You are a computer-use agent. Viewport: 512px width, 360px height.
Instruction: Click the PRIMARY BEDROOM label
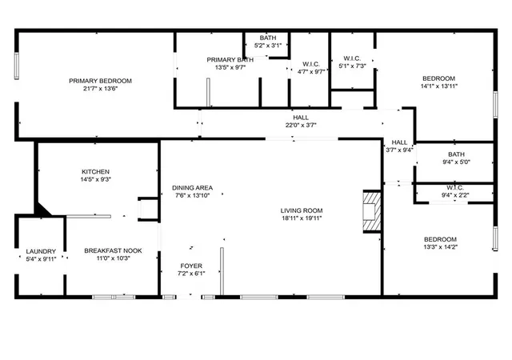pyautogui.click(x=100, y=81)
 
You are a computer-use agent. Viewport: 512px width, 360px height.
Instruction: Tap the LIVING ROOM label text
pyautogui.click(x=302, y=210)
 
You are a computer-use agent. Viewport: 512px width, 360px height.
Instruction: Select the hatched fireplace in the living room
pyautogui.click(x=372, y=211)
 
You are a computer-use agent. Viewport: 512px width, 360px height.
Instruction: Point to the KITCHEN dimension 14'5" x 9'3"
pyautogui.click(x=96, y=179)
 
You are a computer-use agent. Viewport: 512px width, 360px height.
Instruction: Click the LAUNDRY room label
pyautogui.click(x=41, y=251)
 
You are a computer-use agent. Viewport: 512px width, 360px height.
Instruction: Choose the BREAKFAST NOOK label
pyautogui.click(x=113, y=250)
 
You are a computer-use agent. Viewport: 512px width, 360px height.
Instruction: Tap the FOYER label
pyautogui.click(x=191, y=266)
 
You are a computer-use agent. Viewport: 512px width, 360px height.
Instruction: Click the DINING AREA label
pyautogui.click(x=192, y=188)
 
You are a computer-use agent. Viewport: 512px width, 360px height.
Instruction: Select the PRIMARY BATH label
pyautogui.click(x=230, y=60)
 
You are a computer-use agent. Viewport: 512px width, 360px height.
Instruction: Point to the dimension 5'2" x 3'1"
pyautogui.click(x=268, y=46)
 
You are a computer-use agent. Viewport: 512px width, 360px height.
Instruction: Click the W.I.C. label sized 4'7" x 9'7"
pyautogui.click(x=311, y=64)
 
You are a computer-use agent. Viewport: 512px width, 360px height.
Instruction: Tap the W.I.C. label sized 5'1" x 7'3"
pyautogui.click(x=352, y=58)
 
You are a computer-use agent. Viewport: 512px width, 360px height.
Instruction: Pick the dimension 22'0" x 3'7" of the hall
pyautogui.click(x=301, y=125)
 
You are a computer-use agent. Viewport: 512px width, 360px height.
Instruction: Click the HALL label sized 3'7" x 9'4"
pyautogui.click(x=399, y=142)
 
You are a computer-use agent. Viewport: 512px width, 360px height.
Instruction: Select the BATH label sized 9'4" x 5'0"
pyautogui.click(x=456, y=154)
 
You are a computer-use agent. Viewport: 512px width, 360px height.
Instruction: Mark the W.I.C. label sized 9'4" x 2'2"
pyautogui.click(x=455, y=188)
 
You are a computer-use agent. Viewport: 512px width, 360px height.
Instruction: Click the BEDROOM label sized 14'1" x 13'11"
pyautogui.click(x=438, y=78)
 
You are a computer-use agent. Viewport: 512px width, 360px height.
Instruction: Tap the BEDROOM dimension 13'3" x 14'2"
pyautogui.click(x=440, y=247)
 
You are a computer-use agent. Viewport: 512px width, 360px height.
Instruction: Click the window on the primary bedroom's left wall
pyautogui.click(x=16, y=66)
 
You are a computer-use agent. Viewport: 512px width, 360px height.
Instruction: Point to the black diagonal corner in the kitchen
pyautogui.click(x=42, y=210)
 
